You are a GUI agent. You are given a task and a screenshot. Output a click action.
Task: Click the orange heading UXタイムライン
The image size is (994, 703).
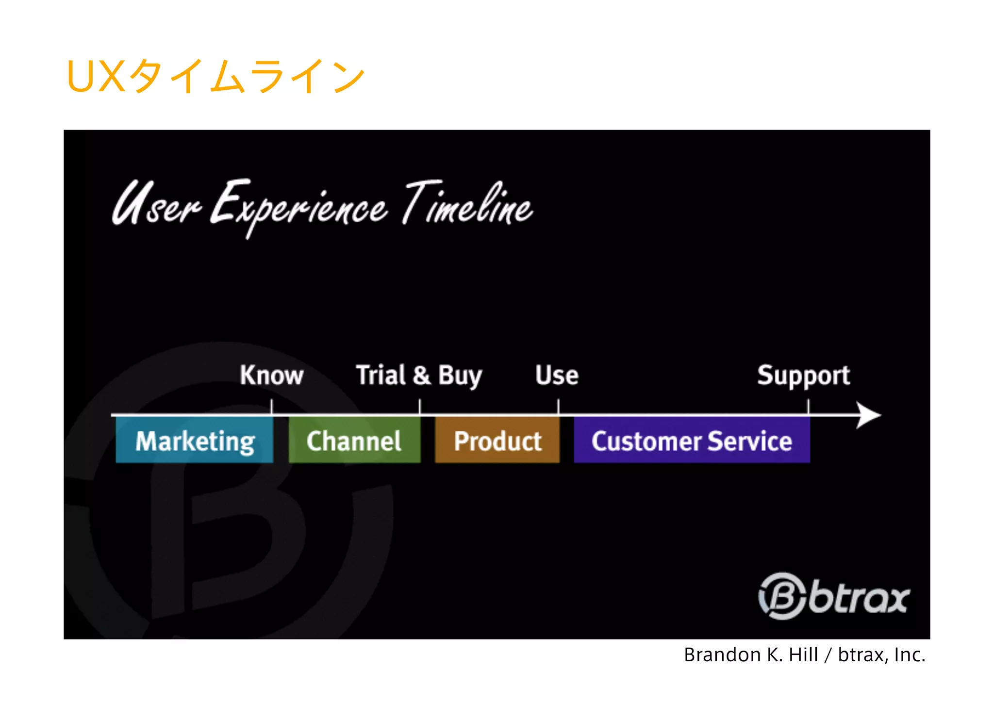(215, 76)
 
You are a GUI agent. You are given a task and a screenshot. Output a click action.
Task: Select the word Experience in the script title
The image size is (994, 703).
(298, 206)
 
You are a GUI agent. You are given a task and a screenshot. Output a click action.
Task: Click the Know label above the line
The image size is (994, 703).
(271, 375)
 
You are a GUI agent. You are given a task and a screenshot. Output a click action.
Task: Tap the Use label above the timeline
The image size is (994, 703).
(557, 375)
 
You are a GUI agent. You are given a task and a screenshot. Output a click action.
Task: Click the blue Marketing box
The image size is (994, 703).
(195, 441)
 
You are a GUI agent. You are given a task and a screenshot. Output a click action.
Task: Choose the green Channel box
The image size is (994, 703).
(354, 441)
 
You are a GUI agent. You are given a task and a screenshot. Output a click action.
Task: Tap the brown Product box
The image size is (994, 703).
(497, 441)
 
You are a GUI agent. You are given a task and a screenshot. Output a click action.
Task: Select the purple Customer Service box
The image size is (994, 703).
(692, 441)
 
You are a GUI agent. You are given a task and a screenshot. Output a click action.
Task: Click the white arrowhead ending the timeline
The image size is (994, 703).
(869, 415)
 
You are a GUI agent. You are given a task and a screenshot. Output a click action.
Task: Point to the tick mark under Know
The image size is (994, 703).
(272, 407)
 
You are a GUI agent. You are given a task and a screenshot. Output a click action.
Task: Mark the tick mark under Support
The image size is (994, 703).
(809, 407)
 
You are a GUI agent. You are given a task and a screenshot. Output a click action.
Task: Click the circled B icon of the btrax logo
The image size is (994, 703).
(782, 596)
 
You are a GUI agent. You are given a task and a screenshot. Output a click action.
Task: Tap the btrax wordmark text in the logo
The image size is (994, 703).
(859, 598)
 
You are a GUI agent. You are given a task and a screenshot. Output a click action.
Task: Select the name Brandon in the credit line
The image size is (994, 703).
(722, 655)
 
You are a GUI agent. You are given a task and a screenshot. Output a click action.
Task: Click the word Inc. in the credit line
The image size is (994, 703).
(909, 655)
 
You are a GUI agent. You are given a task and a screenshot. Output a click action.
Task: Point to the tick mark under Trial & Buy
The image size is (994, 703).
(420, 407)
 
